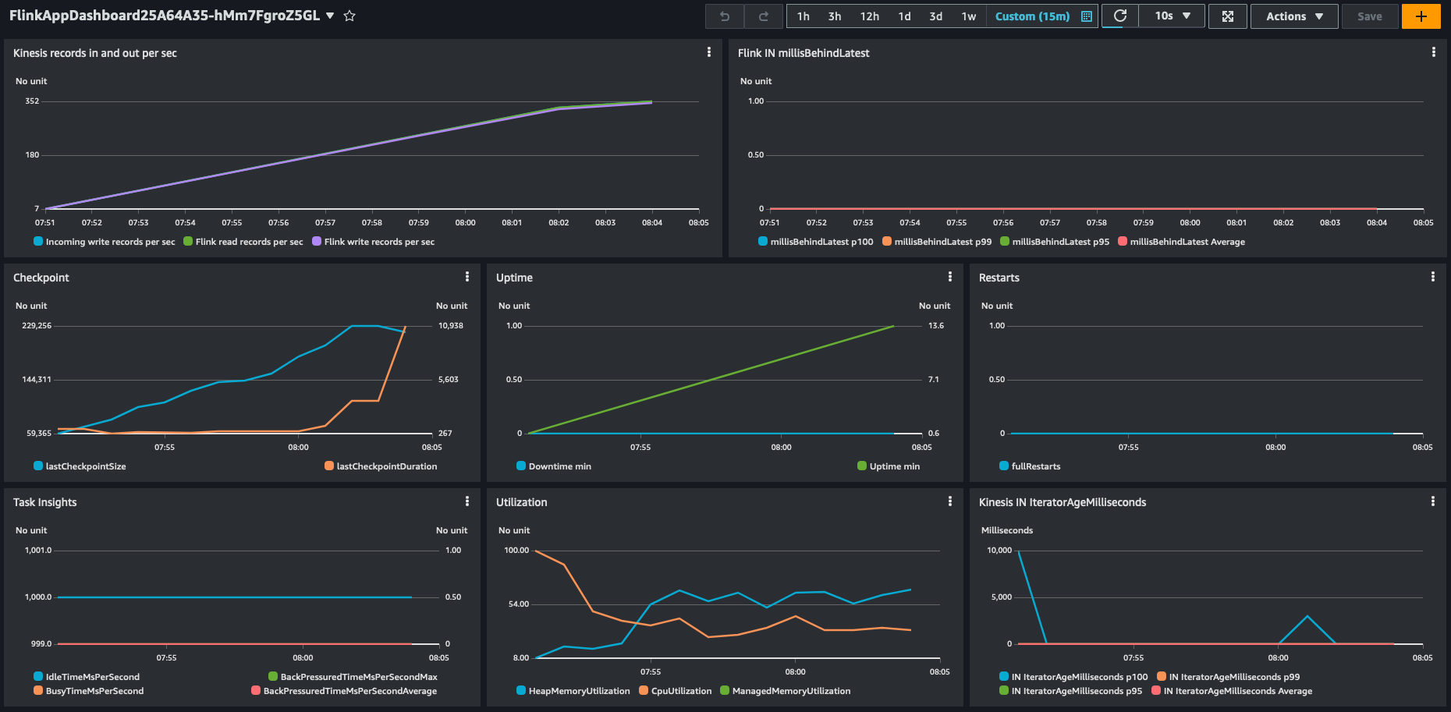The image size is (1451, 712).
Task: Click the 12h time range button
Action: click(x=869, y=16)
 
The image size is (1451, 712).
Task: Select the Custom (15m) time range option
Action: click(x=1032, y=16)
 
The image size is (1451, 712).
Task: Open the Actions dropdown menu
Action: click(x=1294, y=16)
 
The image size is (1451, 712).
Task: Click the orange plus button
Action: click(x=1421, y=16)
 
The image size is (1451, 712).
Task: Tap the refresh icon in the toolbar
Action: click(x=1119, y=16)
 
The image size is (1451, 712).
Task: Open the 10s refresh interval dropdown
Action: click(x=1172, y=16)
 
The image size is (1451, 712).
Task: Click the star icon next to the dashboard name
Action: click(x=349, y=16)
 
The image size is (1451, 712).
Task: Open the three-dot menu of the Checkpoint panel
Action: click(x=467, y=277)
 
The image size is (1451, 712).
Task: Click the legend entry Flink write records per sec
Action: click(x=378, y=242)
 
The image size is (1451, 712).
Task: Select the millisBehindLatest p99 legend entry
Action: click(x=942, y=242)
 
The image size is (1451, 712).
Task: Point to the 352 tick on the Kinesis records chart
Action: click(x=32, y=101)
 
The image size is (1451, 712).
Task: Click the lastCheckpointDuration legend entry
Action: click(x=386, y=466)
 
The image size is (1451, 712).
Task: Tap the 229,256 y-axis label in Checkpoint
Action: click(x=37, y=326)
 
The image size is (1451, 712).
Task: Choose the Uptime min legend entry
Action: click(x=894, y=466)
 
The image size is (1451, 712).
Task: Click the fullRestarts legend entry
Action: click(x=1035, y=466)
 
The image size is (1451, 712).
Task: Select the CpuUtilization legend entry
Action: click(x=681, y=691)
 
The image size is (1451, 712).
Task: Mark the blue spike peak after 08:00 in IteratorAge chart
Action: click(x=1307, y=617)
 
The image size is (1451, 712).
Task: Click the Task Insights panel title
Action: click(x=44, y=502)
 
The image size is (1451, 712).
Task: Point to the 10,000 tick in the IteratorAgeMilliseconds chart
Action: click(x=999, y=551)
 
